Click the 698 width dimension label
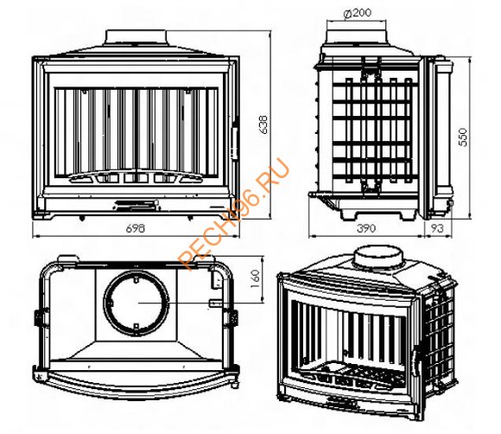tap(136, 229)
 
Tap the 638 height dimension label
tap(264, 124)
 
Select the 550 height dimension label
tap(463, 137)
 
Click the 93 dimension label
tap(437, 228)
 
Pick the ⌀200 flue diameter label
tap(358, 13)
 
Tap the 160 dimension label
tap(256, 278)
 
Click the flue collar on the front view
tap(136, 38)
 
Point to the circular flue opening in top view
tap(136, 303)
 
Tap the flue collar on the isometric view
tap(378, 258)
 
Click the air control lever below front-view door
tap(136, 205)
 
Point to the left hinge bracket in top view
tap(41, 317)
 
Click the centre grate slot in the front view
tap(131, 178)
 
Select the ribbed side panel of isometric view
tap(439, 335)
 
